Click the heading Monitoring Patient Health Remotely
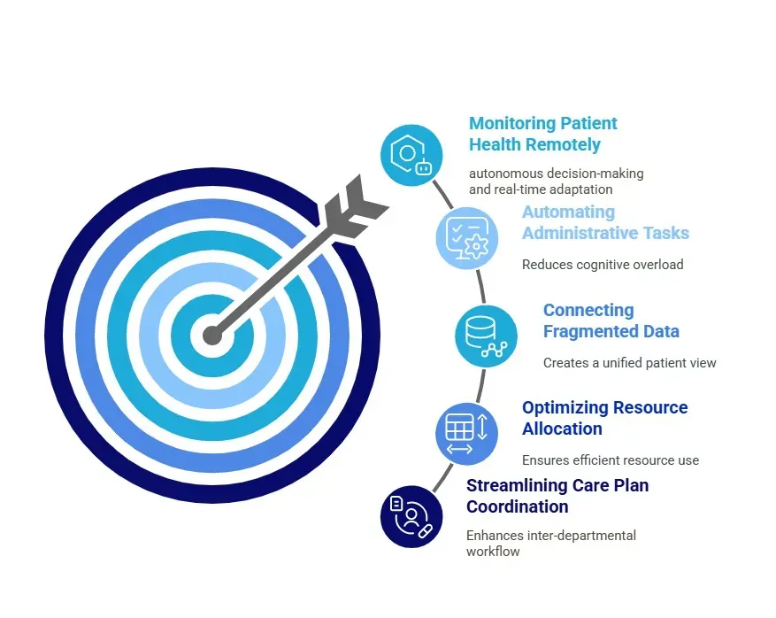tap(542, 134)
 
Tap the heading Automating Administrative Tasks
tap(604, 222)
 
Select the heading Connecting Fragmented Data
tap(611, 321)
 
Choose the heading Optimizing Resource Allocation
tap(604, 418)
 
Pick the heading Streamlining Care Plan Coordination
tap(557, 496)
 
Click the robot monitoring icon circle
tap(411, 156)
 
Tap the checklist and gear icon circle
tap(466, 237)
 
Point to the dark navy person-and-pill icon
tap(411, 516)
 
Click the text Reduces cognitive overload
tap(603, 264)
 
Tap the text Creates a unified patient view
tap(629, 363)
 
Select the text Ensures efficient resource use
tap(610, 460)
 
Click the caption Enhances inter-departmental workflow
tap(550, 543)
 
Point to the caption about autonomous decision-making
tap(556, 181)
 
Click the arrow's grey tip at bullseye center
tap(212, 336)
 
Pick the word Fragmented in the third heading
tap(586, 331)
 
